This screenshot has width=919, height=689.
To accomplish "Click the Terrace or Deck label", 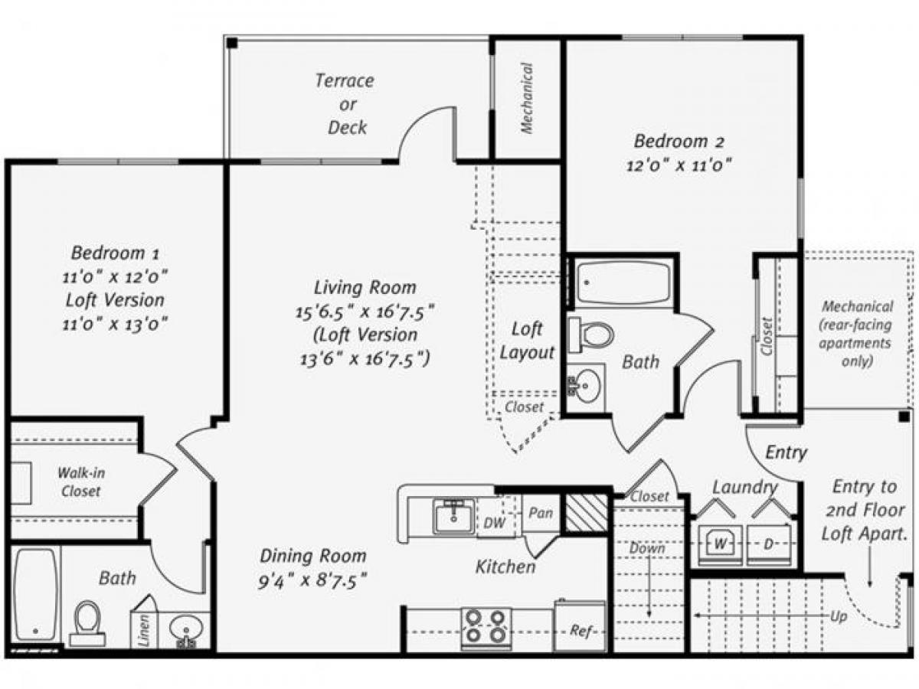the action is point(345,103).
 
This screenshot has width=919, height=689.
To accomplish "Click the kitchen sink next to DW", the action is point(454,515).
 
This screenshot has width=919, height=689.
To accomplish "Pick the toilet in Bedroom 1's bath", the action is point(87,620).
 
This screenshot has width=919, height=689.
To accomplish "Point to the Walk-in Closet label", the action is point(80,482).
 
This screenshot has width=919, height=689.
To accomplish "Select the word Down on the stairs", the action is point(648,548).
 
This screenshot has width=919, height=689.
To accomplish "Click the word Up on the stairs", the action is point(838,616).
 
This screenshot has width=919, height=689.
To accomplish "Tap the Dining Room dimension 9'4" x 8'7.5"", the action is point(312,580).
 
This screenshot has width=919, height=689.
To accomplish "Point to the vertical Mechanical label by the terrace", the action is point(527,98).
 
